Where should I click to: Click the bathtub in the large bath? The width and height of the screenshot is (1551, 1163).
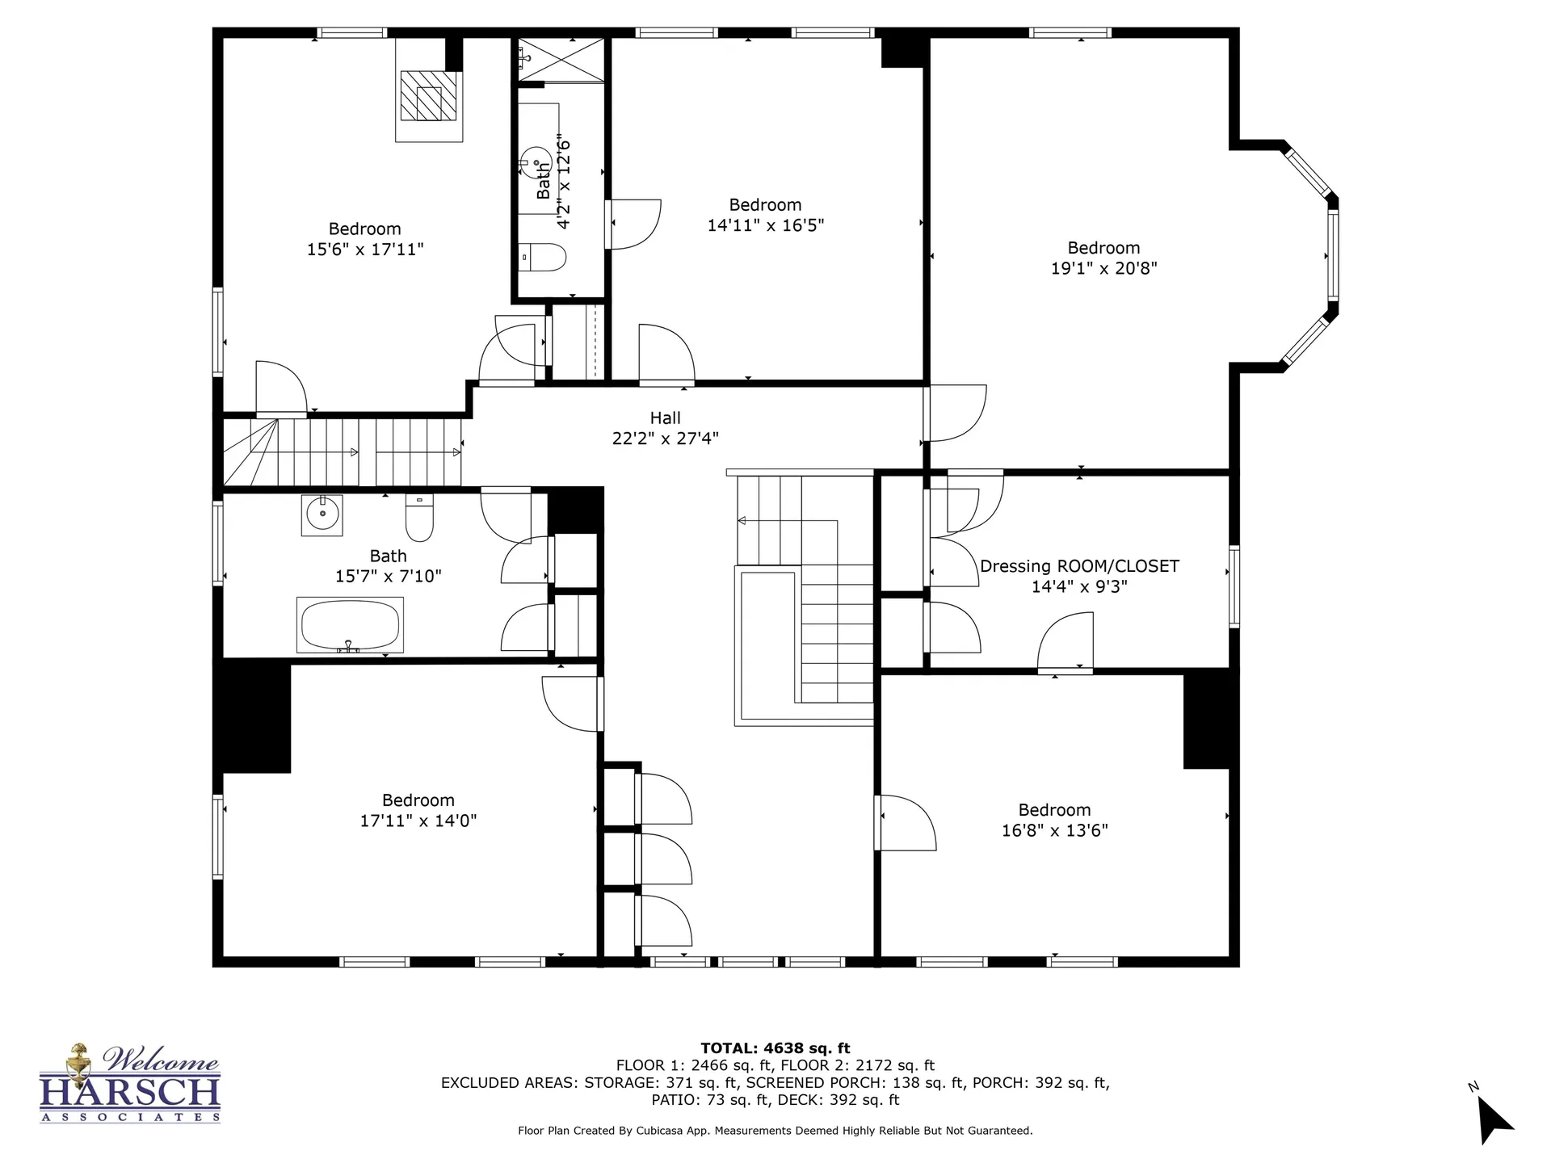[350, 624]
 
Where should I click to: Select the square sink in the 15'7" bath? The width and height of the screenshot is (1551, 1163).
[322, 514]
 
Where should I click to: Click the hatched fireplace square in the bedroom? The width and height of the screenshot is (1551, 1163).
[429, 95]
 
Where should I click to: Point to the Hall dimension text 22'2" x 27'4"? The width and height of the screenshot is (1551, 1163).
[665, 439]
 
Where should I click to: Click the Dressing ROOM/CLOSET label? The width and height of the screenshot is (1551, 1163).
[1079, 566]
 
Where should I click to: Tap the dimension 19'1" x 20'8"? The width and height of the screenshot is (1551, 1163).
[1103, 268]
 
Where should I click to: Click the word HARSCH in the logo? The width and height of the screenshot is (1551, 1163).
[130, 1091]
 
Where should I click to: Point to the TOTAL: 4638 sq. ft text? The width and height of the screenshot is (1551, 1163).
[775, 1048]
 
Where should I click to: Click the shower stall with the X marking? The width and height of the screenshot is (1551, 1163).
[561, 60]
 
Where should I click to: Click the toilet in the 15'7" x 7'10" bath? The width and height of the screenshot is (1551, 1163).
[419, 518]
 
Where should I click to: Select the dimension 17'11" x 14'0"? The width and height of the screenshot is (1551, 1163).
[418, 821]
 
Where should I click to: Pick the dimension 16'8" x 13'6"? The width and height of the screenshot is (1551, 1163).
[1054, 830]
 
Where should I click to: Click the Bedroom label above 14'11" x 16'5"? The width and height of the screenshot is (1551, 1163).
[765, 205]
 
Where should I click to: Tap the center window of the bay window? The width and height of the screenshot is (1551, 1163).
[1333, 255]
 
